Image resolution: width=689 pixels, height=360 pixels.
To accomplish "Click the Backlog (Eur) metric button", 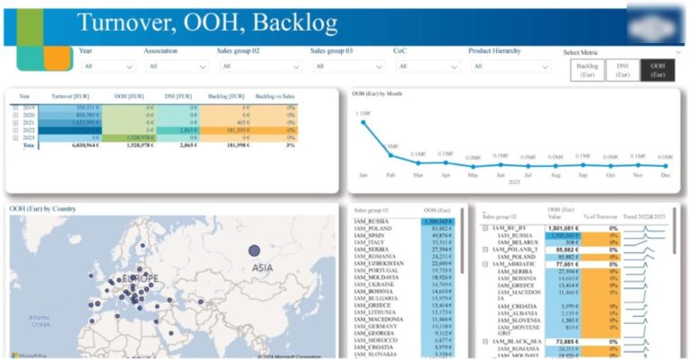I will tap(588, 70).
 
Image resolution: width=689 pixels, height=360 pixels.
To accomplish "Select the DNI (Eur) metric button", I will tap(623, 70).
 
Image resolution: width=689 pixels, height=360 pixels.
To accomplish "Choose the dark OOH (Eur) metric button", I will tap(658, 70).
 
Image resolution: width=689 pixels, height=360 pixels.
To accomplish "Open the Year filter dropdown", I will tap(107, 66).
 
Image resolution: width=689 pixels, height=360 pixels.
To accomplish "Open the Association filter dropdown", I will tap(177, 66).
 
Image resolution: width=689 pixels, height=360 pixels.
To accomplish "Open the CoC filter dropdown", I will tap(424, 66).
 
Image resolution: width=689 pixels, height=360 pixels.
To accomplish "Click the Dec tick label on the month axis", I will tap(665, 175).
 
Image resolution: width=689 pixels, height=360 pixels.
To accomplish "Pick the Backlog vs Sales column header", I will tap(275, 95).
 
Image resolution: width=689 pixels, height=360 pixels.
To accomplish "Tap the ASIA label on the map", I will tap(262, 268).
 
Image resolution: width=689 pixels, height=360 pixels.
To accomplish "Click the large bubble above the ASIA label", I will tap(254, 250).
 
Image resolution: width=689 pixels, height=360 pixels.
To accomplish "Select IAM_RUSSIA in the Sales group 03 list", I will tap(372, 221).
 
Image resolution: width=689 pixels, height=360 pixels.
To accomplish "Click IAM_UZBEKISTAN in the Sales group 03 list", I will tap(378, 262).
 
